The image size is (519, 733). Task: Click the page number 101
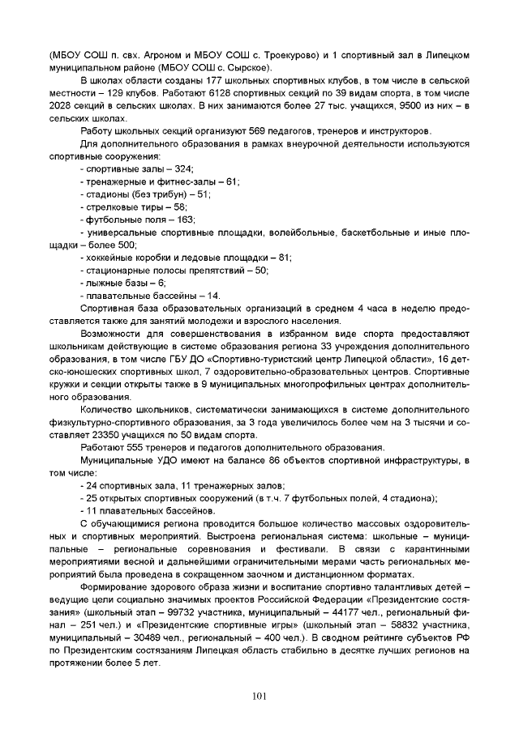[259, 695]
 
